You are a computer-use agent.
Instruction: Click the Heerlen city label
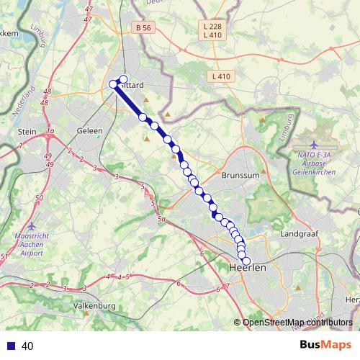tap(247, 267)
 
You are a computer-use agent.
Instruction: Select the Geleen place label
tap(90, 131)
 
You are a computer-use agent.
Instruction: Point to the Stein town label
tap(27, 132)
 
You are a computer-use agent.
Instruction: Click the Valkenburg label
tap(94, 306)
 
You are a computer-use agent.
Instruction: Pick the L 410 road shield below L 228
tap(212, 35)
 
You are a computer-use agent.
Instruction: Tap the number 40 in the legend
tap(27, 346)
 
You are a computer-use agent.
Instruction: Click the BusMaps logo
tap(323, 345)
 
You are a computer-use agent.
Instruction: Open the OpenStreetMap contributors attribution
tap(297, 323)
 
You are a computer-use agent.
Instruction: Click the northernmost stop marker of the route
tap(123, 79)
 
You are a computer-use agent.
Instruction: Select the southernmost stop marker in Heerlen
tap(246, 261)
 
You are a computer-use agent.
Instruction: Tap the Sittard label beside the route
tap(131, 84)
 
